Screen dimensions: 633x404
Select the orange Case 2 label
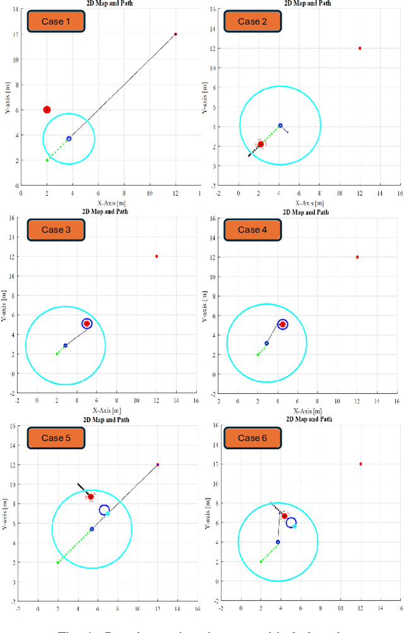click(252, 21)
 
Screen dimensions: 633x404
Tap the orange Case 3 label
click(56, 230)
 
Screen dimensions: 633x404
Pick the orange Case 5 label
click(56, 438)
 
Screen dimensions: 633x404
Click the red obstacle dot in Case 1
click(47, 110)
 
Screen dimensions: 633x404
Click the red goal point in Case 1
click(175, 34)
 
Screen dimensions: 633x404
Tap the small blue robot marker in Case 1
click(69, 139)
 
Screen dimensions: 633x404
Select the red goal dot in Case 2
click(360, 48)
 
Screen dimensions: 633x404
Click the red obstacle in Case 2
click(261, 145)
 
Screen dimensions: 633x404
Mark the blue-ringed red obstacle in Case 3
click(87, 324)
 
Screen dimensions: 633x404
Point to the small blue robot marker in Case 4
click(267, 343)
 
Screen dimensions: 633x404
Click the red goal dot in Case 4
click(357, 257)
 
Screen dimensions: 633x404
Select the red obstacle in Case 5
click(91, 497)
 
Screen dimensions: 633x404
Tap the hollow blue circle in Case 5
click(104, 510)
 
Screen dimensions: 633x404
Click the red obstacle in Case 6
click(285, 516)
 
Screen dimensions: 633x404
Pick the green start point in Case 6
click(261, 561)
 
